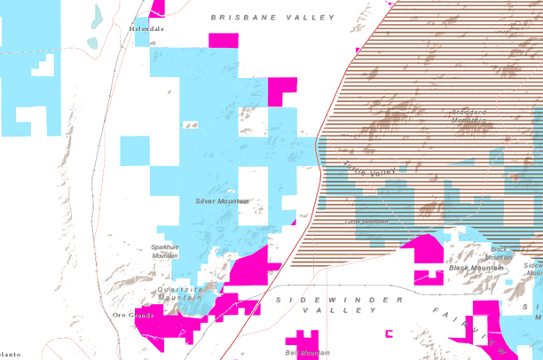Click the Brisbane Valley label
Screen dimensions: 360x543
pyautogui.click(x=273, y=18)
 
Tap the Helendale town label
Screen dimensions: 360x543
pyautogui.click(x=146, y=28)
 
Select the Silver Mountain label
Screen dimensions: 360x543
pyautogui.click(x=222, y=201)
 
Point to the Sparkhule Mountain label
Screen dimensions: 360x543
pyautogui.click(x=165, y=251)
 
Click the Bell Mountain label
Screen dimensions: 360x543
pyautogui.click(x=302, y=353)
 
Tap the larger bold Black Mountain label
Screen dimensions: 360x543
pyautogui.click(x=476, y=268)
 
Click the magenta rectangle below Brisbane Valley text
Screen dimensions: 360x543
pyautogui.click(x=224, y=40)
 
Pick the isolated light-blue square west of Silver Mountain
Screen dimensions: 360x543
pyautogui.click(x=136, y=150)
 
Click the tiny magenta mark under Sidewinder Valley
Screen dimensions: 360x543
pyautogui.click(x=388, y=333)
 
